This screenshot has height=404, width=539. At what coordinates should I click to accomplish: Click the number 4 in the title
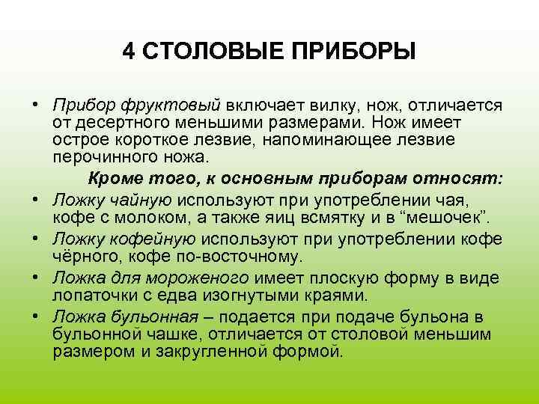point(129,52)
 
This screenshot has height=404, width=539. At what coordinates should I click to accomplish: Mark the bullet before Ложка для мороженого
point(36,277)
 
